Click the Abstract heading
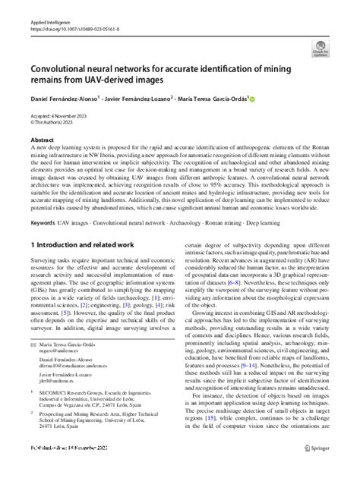42,140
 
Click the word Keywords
43,224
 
